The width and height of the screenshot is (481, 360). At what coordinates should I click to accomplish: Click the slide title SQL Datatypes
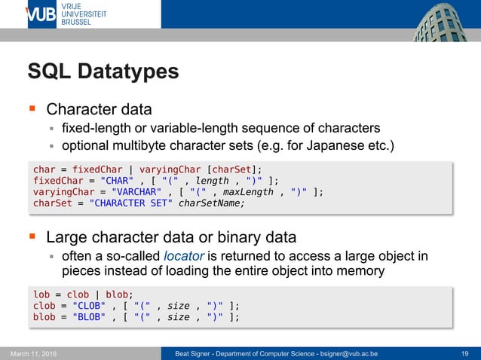coord(103,72)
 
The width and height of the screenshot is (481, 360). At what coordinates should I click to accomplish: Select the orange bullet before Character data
coord(32,109)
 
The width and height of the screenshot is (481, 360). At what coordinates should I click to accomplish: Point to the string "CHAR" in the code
coord(112,180)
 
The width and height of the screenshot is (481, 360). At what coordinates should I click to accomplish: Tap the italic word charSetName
coord(212,203)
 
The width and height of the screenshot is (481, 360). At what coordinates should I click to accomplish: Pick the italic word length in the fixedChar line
coord(212,180)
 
